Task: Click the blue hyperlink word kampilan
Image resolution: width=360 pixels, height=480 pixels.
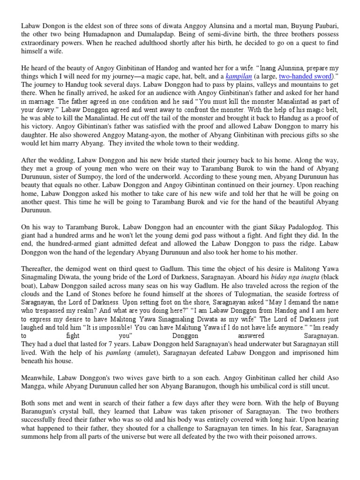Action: pyautogui.click(x=238, y=76)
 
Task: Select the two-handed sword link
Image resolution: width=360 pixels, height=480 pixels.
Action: pyautogui.click(x=304, y=76)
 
